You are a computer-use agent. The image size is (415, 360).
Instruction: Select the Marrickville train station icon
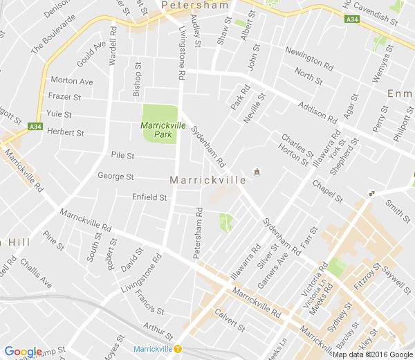point(178,348)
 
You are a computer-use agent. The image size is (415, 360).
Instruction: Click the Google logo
point(23,352)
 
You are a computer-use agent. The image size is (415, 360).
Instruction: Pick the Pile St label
point(122,156)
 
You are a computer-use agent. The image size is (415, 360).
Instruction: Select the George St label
point(116,177)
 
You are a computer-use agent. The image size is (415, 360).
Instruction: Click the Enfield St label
point(149,197)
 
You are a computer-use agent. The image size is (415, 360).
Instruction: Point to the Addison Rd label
point(316,111)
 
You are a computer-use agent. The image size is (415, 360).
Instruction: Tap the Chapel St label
point(327,190)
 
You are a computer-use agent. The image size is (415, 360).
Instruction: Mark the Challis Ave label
point(36,273)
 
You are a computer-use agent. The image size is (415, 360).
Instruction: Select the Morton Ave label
point(72,82)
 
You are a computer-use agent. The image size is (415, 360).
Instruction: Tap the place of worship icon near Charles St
point(257,170)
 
